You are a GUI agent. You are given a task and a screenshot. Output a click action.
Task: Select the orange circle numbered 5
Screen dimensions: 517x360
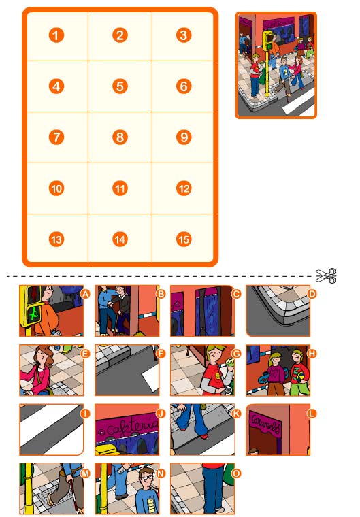coord(120,86)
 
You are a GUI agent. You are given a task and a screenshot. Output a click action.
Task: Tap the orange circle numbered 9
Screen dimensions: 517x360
coord(183,137)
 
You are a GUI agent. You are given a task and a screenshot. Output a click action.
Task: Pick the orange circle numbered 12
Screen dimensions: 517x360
coord(183,188)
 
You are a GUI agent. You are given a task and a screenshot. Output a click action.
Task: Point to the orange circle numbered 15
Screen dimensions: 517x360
coord(183,239)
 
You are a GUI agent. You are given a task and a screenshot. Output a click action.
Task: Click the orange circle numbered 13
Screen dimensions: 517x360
coord(57,239)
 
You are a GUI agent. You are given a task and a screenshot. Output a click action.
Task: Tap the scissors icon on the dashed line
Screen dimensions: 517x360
coord(326,276)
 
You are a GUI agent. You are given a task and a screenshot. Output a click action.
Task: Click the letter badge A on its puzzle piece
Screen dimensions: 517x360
coord(85,294)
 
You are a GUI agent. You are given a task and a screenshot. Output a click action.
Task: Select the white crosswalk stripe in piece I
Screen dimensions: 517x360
coord(48,432)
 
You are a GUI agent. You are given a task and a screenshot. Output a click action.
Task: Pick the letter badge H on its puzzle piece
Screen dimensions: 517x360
coord(312,354)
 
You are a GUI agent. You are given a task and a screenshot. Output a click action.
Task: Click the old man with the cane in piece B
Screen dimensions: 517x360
coord(120,303)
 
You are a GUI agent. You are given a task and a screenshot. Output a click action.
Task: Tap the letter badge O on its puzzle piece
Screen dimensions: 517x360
coord(237,472)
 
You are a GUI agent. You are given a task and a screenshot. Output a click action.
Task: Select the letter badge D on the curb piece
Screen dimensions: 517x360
coord(312,294)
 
